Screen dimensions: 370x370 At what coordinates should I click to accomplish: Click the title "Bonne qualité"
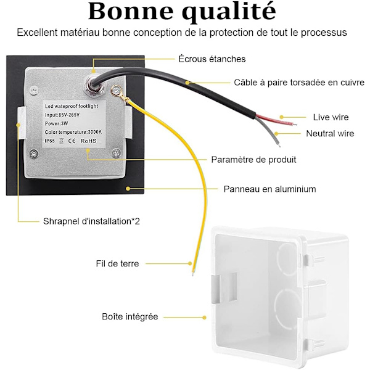coord(182,12)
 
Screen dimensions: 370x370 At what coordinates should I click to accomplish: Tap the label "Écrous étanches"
coord(212,59)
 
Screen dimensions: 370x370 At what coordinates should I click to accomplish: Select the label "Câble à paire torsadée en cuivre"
coord(299,83)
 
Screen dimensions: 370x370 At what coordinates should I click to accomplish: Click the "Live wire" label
coord(331,117)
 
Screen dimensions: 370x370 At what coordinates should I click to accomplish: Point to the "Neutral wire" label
coord(330,134)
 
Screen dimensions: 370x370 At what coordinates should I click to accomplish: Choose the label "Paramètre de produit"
coord(253,160)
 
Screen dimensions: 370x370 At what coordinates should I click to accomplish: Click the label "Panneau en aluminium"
coord(269,189)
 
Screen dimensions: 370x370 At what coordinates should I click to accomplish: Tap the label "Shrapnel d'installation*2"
coord(91,221)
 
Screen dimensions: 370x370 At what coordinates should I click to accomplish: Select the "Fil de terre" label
coord(117,263)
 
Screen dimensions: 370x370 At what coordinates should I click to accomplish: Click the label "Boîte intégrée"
coord(129,317)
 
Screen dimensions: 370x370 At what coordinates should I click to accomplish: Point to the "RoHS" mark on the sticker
coord(88,141)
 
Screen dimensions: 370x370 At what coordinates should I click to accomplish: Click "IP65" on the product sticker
coord(49,141)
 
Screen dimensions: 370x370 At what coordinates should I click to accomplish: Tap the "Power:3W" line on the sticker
coord(56,123)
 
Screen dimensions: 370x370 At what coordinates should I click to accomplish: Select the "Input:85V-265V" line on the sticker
coord(62,115)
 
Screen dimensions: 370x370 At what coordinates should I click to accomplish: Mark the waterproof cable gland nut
coord(95,86)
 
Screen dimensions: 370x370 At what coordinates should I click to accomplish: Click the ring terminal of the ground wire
coord(116,91)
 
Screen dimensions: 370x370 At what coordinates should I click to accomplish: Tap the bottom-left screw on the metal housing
coord(34,154)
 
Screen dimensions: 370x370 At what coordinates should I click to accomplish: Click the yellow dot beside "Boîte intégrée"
coord(204,318)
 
